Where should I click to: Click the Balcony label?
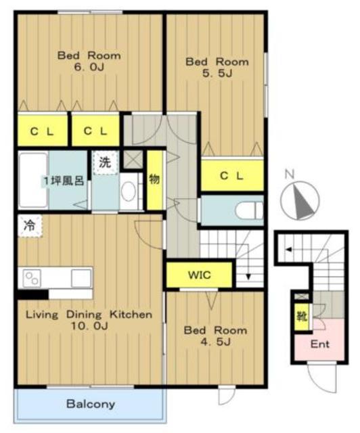click(x=91, y=404)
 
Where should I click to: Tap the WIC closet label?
click(x=200, y=275)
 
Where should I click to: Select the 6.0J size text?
click(x=89, y=67)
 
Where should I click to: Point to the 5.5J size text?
click(x=217, y=73)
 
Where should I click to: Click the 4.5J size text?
click(x=215, y=342)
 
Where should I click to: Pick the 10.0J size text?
click(x=89, y=326)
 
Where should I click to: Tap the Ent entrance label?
click(x=320, y=344)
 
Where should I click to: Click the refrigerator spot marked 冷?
click(x=30, y=226)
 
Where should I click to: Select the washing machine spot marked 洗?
click(x=105, y=162)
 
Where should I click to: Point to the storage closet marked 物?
click(x=154, y=180)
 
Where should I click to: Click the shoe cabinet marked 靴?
click(x=302, y=317)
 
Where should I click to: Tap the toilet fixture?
click(x=249, y=211)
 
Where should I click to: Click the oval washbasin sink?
click(x=129, y=191)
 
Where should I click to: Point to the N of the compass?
click(x=290, y=175)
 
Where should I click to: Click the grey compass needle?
click(x=303, y=202)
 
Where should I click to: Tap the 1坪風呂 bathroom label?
click(x=63, y=181)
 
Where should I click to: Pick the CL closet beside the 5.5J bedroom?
click(x=232, y=175)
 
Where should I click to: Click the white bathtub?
click(x=33, y=180)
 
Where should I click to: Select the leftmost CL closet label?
click(x=42, y=132)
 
